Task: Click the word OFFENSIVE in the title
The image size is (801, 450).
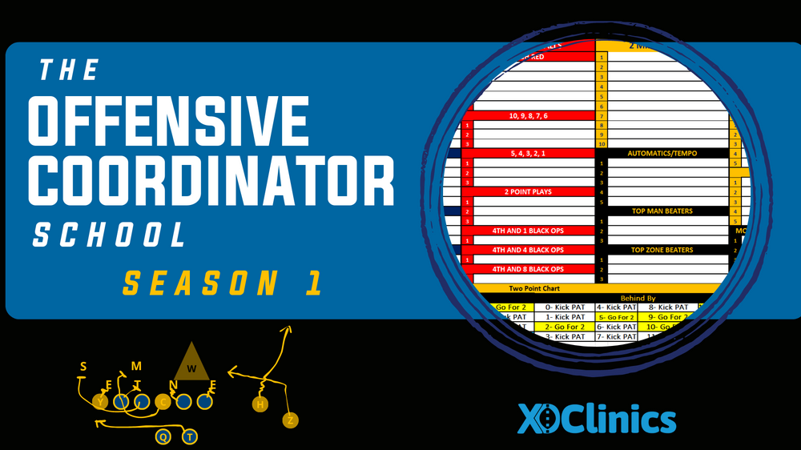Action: click(x=168, y=122)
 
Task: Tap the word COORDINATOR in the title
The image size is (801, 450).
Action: click(x=211, y=180)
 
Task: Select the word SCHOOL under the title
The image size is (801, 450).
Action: click(x=109, y=235)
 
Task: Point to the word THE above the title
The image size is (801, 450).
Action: click(x=70, y=71)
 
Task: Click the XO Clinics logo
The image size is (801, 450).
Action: click(x=596, y=418)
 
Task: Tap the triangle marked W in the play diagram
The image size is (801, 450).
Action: click(x=192, y=363)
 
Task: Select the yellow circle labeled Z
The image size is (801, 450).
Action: click(x=290, y=420)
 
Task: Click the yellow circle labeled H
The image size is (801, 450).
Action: click(x=260, y=405)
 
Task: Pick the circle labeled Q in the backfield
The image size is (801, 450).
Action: click(x=163, y=436)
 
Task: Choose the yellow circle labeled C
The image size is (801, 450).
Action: click(x=163, y=401)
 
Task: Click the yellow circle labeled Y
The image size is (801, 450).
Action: click(x=100, y=401)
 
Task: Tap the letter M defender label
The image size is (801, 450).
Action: click(x=136, y=366)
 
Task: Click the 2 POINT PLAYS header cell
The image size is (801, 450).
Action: click(x=528, y=192)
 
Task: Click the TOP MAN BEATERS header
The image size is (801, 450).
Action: click(x=661, y=211)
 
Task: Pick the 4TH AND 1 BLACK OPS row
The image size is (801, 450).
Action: click(x=528, y=231)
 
